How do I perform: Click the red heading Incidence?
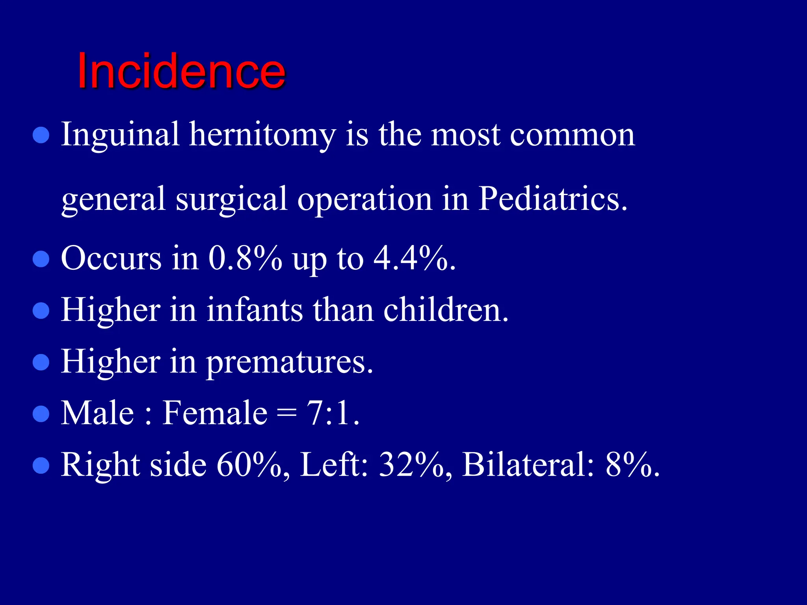(181, 72)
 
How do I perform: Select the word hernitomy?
(262, 135)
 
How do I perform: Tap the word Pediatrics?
(552, 199)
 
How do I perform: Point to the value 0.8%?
(245, 258)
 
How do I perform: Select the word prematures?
(290, 362)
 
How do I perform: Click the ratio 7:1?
(333, 413)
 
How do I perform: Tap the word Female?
(215, 413)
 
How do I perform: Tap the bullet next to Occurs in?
(41, 260)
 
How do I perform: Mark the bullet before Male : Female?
(41, 414)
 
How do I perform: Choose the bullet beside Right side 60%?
(41, 466)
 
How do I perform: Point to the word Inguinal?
(121, 135)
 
